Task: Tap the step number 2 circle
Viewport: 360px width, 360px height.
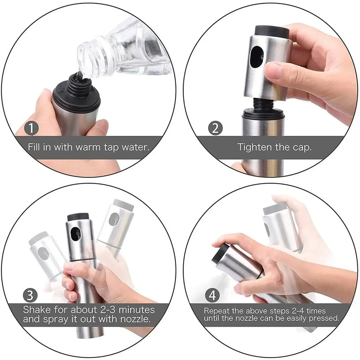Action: pyautogui.click(x=216, y=128)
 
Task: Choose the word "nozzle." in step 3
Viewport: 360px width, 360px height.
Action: pyautogui.click(x=135, y=319)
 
